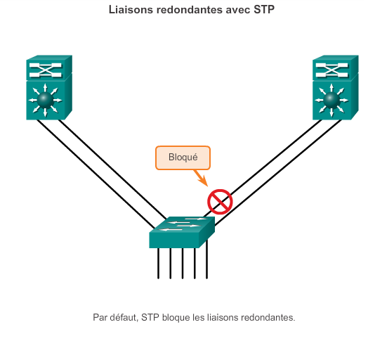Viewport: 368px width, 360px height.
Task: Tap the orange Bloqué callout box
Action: [x=183, y=157]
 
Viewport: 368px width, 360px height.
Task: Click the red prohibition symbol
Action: [x=220, y=202]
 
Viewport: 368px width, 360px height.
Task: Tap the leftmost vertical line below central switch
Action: [x=158, y=263]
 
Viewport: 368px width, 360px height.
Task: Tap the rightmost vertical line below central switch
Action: [x=206, y=263]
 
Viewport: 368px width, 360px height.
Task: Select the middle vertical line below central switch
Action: [x=183, y=263]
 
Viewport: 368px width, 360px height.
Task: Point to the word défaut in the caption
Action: [x=124, y=317]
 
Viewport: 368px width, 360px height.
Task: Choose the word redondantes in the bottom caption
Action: [x=267, y=317]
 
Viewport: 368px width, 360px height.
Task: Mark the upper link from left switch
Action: [x=112, y=169]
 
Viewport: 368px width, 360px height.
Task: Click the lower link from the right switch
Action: [x=281, y=169]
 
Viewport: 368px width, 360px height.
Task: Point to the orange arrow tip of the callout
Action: [x=208, y=186]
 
